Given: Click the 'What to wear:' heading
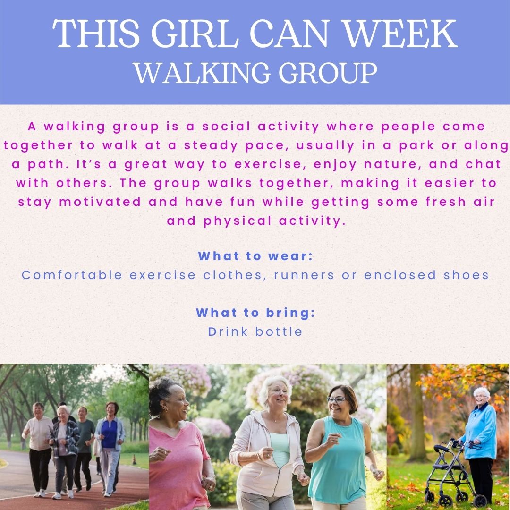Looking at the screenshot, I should point(255,256).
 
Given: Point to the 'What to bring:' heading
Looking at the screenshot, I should point(255,313).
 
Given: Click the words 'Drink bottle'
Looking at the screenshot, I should point(255,331).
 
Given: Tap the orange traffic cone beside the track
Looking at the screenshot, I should point(134,459).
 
